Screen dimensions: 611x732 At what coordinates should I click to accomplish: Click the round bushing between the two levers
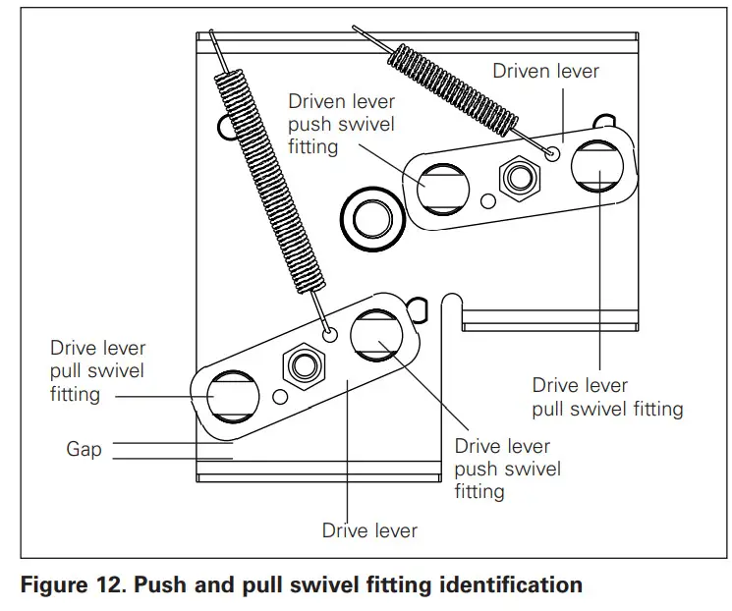(x=372, y=216)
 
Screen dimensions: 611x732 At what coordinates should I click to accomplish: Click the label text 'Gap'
(x=84, y=450)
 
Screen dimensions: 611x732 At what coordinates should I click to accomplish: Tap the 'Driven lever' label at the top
(x=545, y=71)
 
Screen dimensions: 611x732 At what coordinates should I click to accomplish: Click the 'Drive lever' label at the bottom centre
(x=369, y=530)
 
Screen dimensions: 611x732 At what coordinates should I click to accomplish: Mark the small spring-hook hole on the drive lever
(x=331, y=335)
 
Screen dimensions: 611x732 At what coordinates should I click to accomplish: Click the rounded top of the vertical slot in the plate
(x=451, y=297)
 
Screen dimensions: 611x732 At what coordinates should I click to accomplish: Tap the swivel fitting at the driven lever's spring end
(x=597, y=164)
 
